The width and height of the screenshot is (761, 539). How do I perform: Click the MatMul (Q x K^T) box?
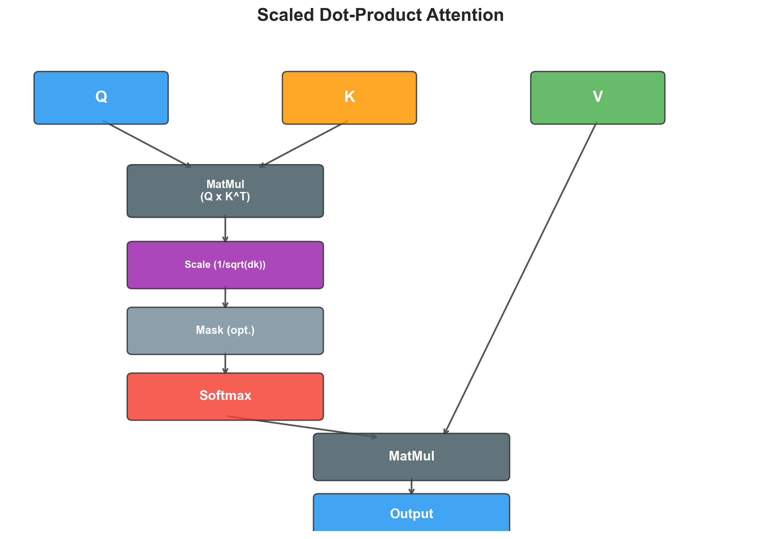click(225, 191)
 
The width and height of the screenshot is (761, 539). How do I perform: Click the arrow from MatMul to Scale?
click(225, 229)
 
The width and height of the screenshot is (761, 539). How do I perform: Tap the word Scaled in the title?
click(285, 15)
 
